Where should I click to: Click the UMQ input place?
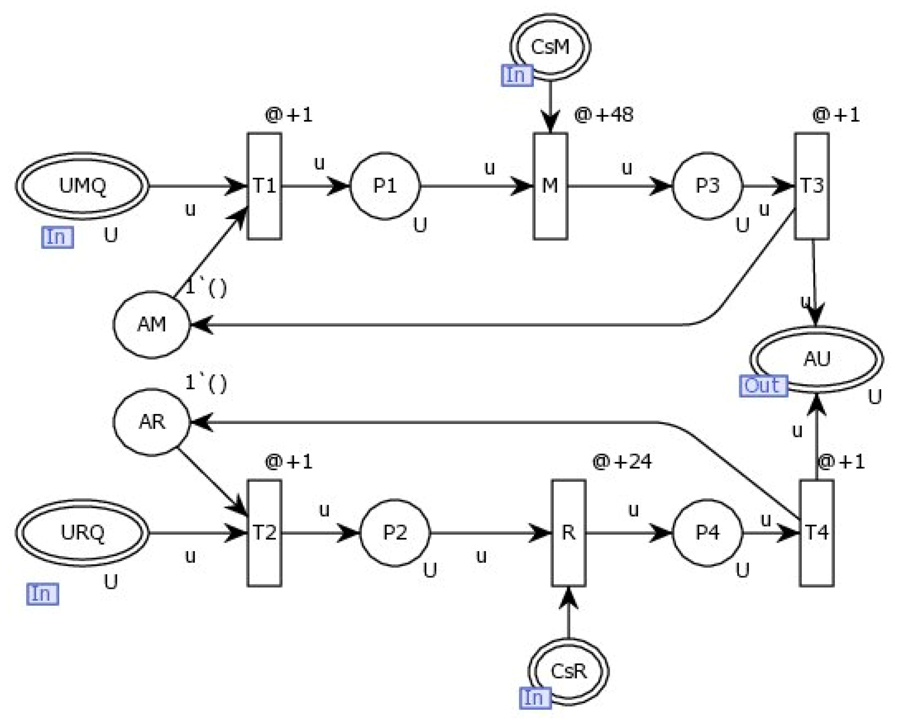point(82,185)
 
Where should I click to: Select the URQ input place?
point(82,533)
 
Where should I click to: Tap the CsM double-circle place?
point(550,47)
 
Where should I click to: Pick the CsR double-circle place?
point(568,671)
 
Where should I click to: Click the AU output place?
point(816,359)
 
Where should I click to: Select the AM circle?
point(151,324)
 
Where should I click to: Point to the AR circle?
point(151,422)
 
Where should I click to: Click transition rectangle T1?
point(264,186)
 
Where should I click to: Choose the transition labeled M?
point(550,186)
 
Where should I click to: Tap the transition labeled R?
point(568,533)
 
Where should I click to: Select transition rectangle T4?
point(816,533)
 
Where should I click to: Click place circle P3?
point(707,186)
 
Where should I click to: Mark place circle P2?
point(395,533)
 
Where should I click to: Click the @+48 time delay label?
point(603,115)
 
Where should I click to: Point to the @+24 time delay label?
point(621,461)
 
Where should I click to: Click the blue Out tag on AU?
point(763,386)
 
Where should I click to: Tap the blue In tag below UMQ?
point(57,237)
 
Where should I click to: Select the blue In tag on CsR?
point(534,698)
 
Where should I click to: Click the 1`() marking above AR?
point(206,383)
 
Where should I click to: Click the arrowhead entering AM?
point(201,324)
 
